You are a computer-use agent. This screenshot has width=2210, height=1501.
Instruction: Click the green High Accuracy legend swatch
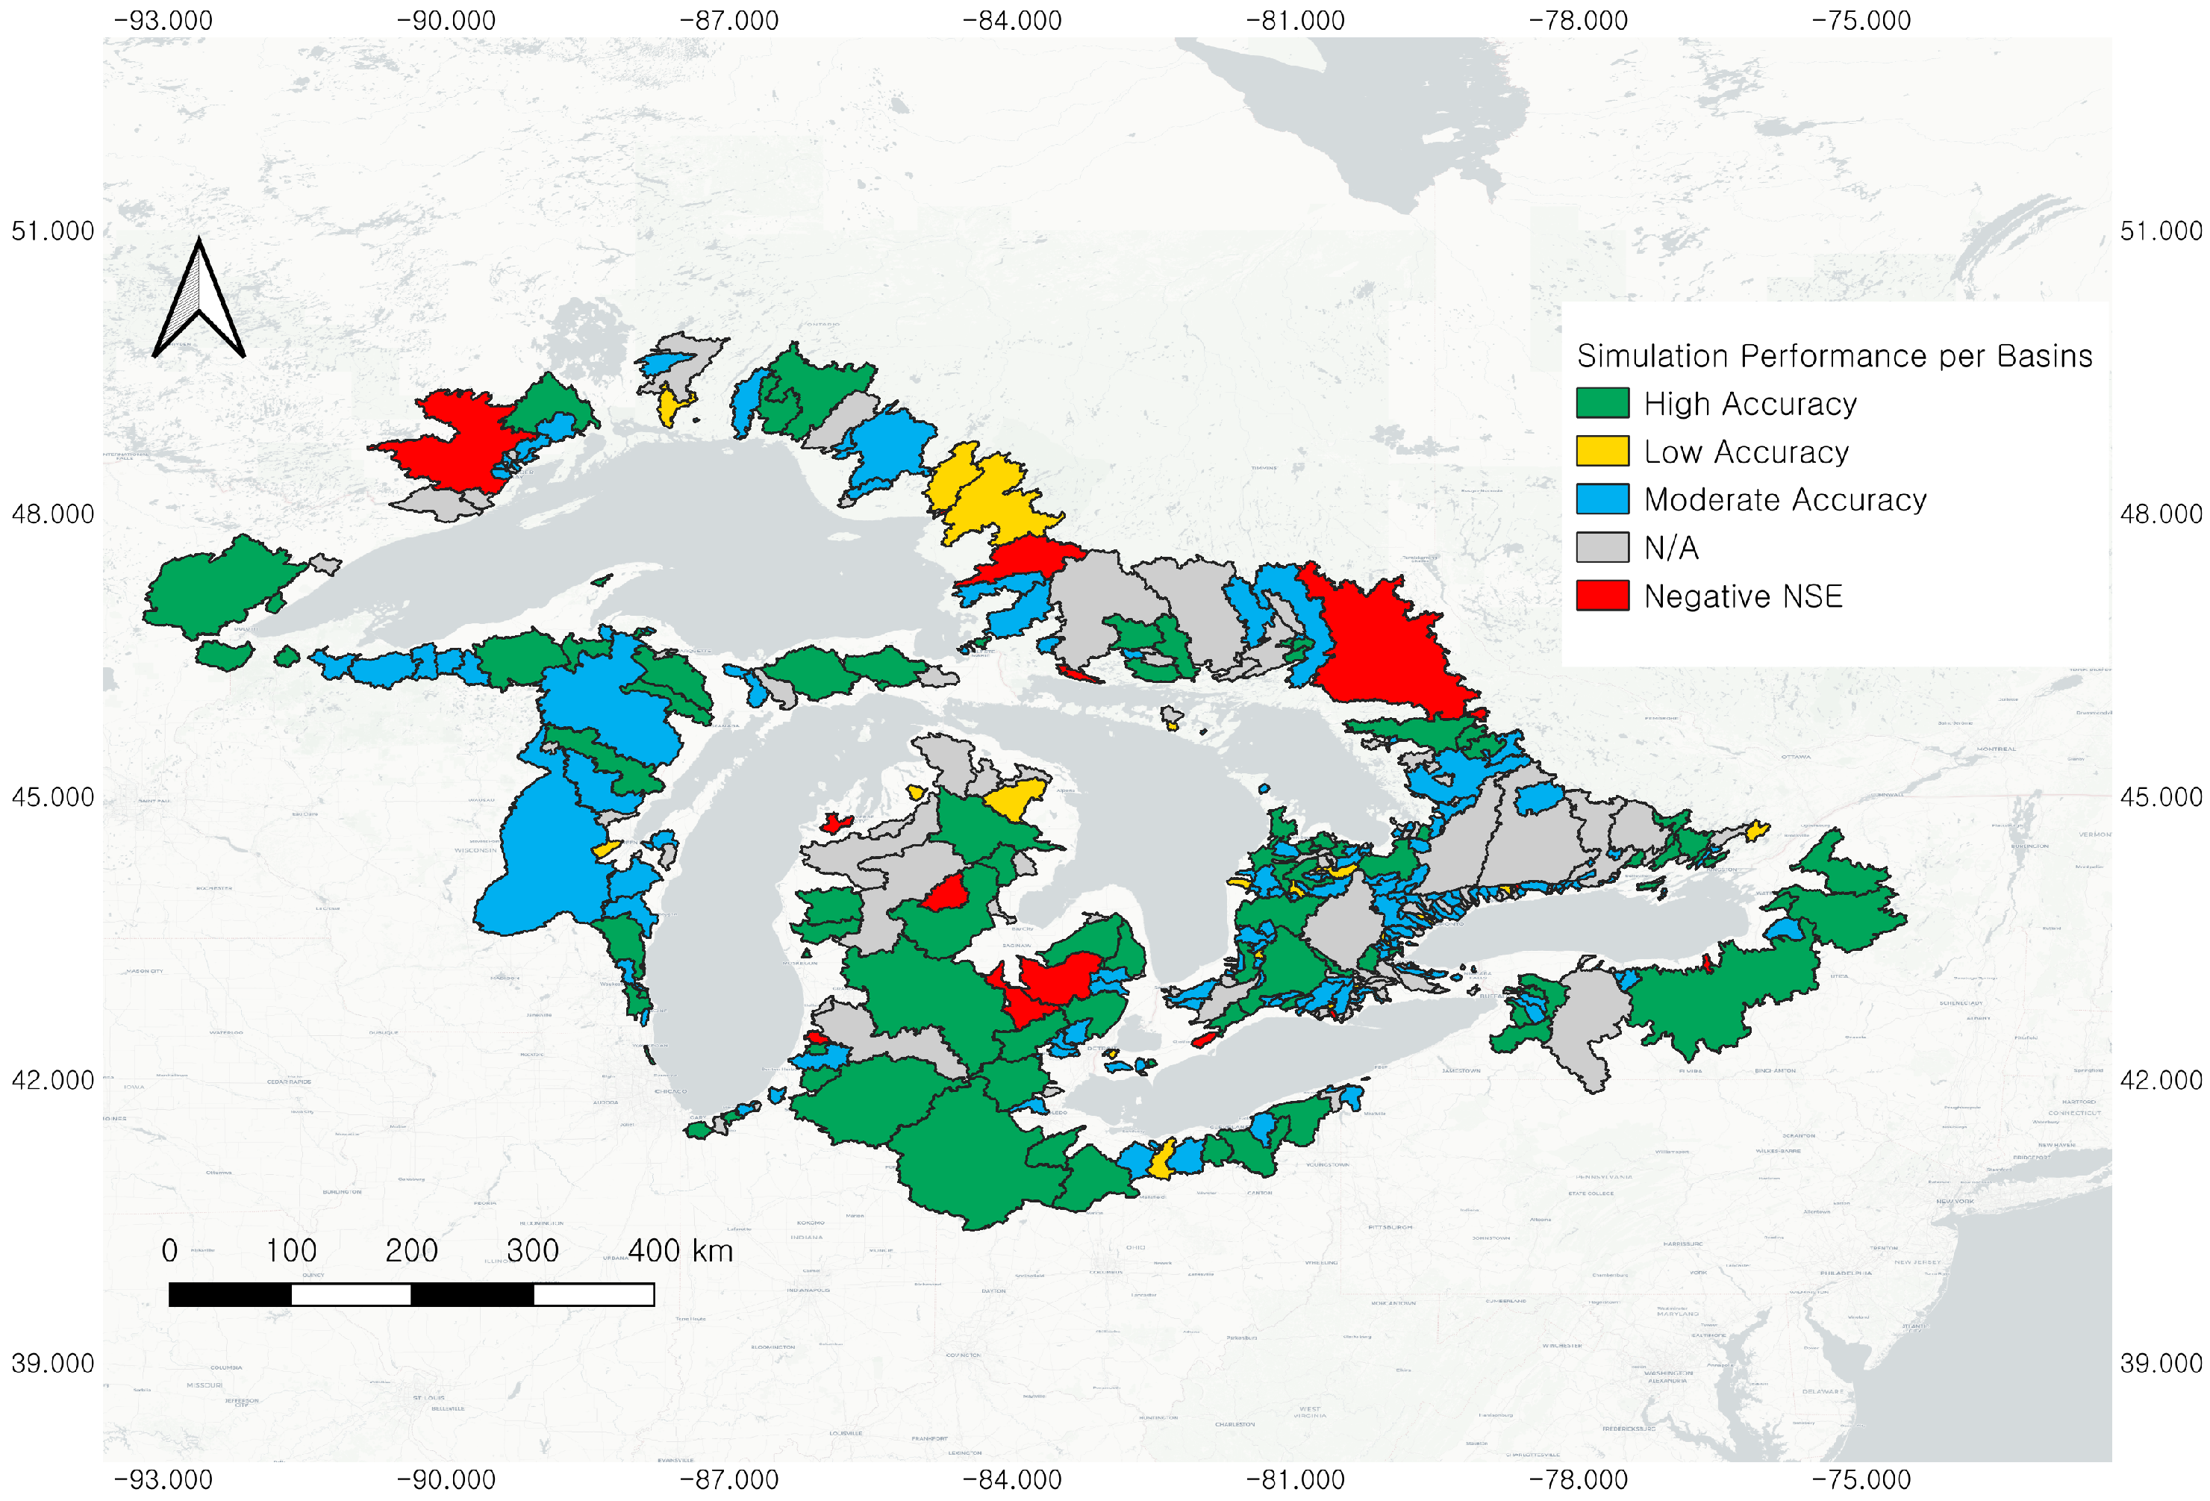(x=1602, y=403)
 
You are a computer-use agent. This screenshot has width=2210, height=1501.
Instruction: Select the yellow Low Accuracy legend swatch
(x=1602, y=451)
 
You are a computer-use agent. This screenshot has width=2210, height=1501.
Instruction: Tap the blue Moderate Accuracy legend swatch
(x=1602, y=499)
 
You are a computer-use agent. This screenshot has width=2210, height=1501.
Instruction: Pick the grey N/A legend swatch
(x=1602, y=548)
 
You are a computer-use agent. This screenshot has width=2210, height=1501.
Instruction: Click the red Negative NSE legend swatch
(x=1602, y=596)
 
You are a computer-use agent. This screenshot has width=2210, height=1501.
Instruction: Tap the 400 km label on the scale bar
(x=680, y=1251)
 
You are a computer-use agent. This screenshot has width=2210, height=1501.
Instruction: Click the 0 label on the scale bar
(x=169, y=1251)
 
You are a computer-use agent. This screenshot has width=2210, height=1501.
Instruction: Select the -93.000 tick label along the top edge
(x=163, y=20)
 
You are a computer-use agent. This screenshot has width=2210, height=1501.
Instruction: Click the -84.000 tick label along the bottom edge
(x=1012, y=1480)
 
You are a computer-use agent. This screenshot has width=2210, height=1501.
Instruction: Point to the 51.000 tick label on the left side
(x=52, y=231)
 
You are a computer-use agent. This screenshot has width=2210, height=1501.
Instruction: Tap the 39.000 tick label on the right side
(x=2161, y=1363)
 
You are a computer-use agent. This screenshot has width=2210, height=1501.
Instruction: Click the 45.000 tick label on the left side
(x=52, y=797)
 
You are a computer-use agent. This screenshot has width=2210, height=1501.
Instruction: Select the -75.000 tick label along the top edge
(x=1861, y=20)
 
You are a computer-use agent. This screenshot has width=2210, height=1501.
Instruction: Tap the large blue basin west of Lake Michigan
(x=542, y=866)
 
